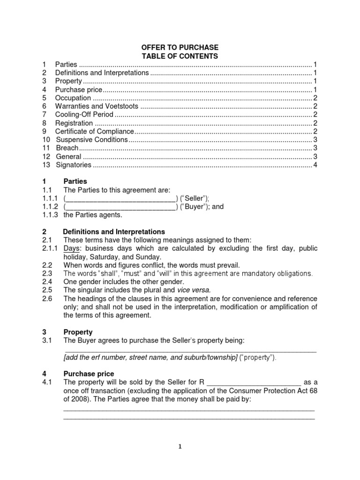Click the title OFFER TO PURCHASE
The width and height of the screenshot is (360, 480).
pos(180,48)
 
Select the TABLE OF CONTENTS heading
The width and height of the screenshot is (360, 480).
pos(180,56)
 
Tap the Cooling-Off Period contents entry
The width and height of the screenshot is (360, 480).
pos(84,115)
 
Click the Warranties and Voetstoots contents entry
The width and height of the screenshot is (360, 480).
pos(97,106)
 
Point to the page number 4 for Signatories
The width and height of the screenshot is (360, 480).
pos(315,165)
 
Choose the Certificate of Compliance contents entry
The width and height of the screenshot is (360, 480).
pos(95,132)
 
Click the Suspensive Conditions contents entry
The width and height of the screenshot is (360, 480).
pos(92,140)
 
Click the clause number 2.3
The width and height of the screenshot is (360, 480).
pos(47,273)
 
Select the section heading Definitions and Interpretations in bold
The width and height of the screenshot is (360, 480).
pos(114,232)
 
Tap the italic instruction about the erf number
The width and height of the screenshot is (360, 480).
pos(150,358)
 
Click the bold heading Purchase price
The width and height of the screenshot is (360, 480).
pos(89,374)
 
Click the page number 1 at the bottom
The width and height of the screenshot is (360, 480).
pos(180,447)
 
